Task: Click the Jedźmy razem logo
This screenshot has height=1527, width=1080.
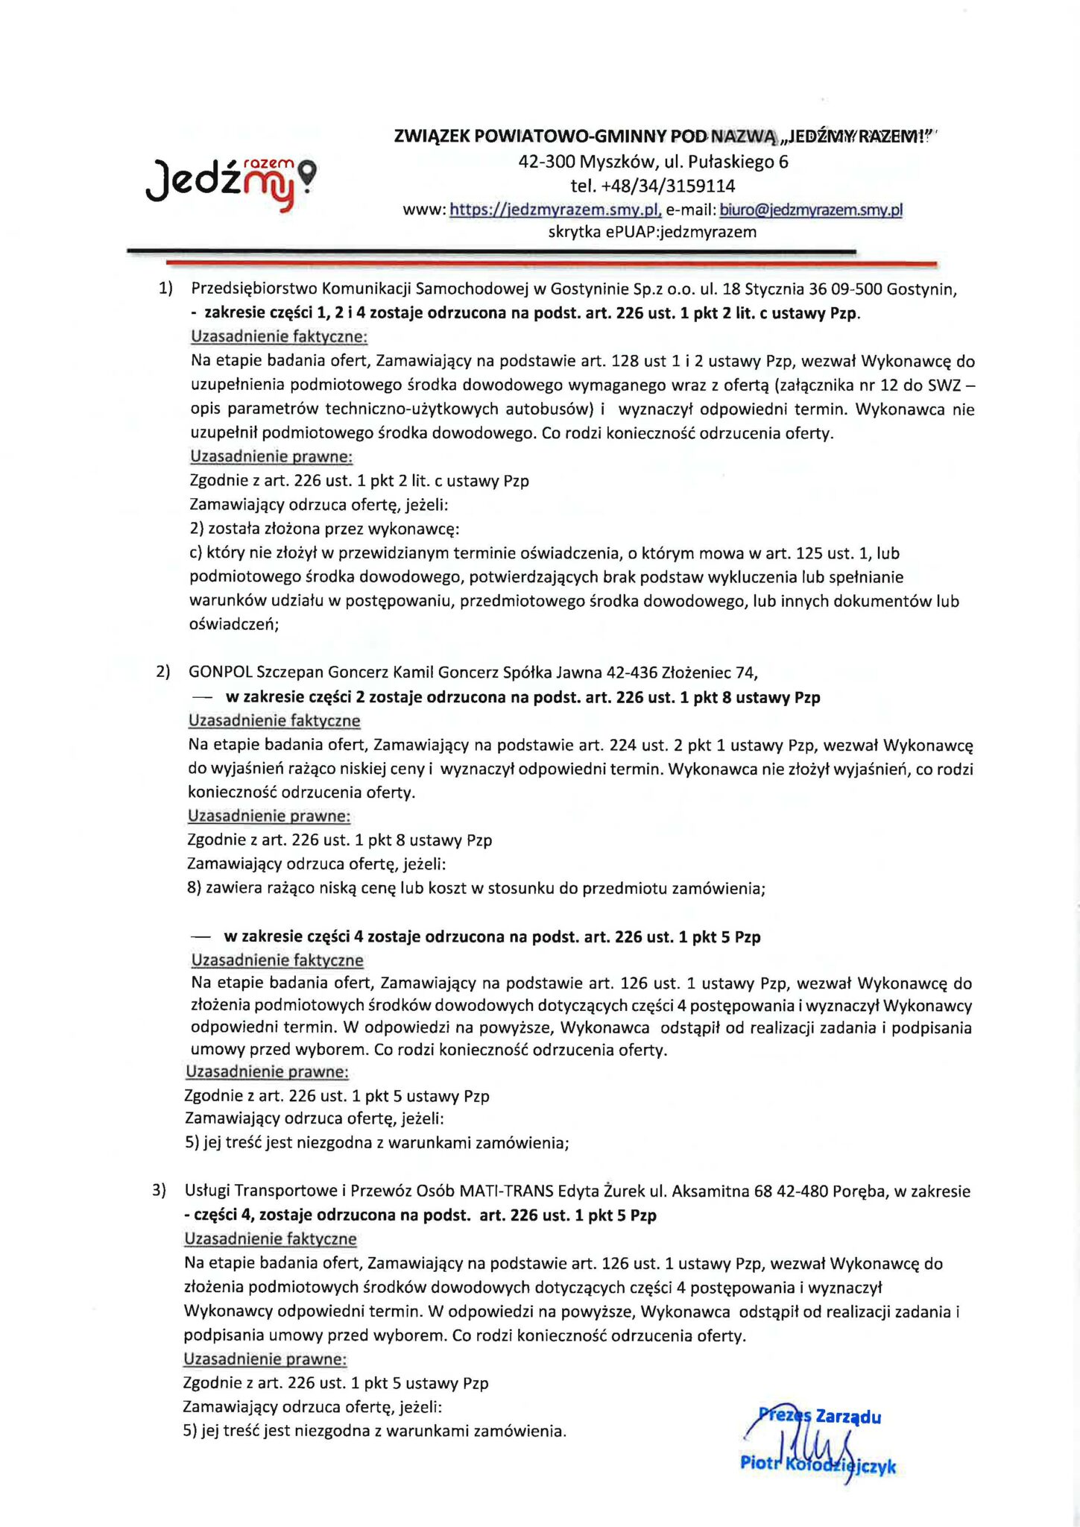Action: click(x=230, y=180)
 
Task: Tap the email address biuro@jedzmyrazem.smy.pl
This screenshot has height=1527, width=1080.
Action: click(x=811, y=210)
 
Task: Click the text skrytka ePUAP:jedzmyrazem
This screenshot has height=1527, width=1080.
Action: click(x=652, y=232)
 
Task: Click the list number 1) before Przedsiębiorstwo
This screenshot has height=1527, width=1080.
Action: click(x=165, y=289)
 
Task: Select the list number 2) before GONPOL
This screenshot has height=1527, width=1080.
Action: click(x=162, y=672)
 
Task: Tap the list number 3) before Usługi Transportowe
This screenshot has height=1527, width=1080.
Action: click(x=160, y=1191)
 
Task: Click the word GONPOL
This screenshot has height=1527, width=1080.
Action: click(x=221, y=673)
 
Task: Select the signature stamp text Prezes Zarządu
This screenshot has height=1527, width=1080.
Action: click(x=820, y=1416)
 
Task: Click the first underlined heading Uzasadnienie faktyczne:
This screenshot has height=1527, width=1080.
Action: click(x=280, y=336)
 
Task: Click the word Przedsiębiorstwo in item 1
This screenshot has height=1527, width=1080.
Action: click(x=254, y=289)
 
